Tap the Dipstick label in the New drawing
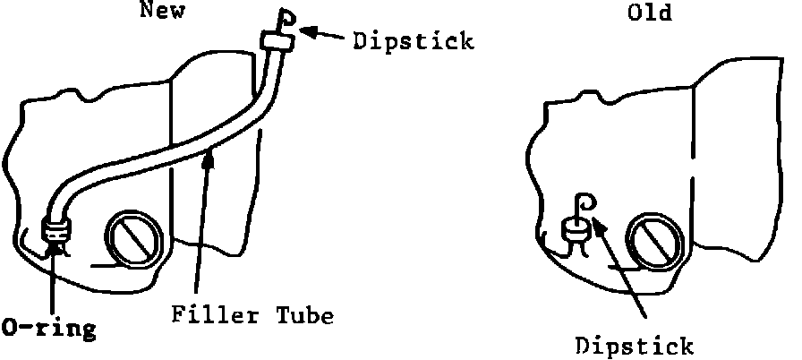click(413, 41)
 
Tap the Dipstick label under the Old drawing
click(633, 345)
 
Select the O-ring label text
click(47, 329)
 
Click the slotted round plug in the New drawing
click(133, 239)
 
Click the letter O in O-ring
click(12, 328)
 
